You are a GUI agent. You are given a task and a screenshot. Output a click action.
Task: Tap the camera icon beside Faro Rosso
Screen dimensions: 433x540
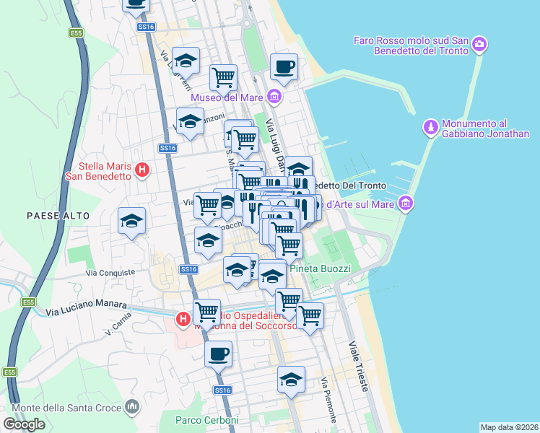pyautogui.click(x=479, y=46)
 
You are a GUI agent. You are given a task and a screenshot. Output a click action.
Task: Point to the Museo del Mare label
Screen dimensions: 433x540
pyautogui.click(x=225, y=97)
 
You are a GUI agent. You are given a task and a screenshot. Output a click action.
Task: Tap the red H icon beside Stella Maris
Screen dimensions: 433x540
pyautogui.click(x=142, y=170)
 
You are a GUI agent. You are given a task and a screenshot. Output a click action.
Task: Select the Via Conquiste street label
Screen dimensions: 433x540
pyautogui.click(x=110, y=273)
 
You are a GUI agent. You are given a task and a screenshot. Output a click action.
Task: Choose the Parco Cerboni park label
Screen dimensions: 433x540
pyautogui.click(x=206, y=420)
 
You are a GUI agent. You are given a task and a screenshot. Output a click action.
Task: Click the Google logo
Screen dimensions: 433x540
pyautogui.click(x=24, y=424)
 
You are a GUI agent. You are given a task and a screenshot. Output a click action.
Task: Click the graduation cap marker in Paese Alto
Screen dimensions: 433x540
pyautogui.click(x=132, y=222)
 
